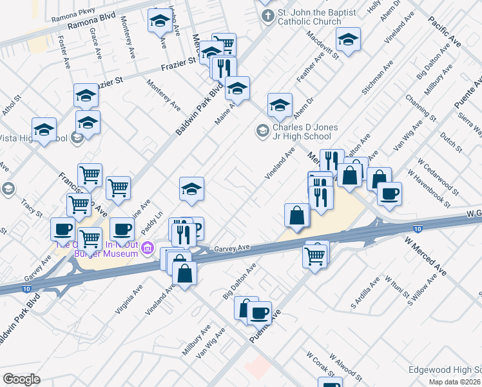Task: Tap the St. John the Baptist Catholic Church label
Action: (309, 17)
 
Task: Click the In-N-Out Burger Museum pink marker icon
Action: (148, 248)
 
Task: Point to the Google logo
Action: (21, 379)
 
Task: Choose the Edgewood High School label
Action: (445, 370)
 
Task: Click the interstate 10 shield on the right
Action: (418, 228)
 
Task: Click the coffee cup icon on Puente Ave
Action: (259, 313)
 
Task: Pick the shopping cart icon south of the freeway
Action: (315, 255)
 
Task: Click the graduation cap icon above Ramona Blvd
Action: (159, 23)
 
